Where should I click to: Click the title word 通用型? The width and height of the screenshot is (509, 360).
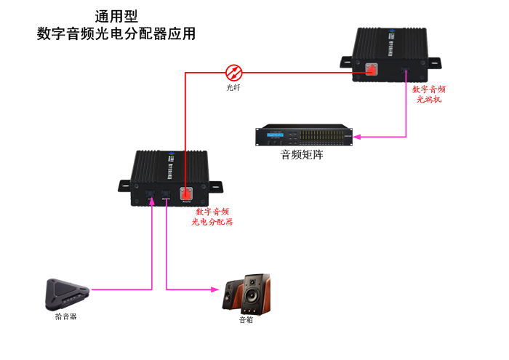116,16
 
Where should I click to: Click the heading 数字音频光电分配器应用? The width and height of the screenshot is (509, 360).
116,34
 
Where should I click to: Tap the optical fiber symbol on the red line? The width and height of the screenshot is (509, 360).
234,72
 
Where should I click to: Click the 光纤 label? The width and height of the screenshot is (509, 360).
233,88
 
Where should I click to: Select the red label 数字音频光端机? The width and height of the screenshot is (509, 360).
429,94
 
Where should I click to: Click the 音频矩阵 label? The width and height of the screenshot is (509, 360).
302,155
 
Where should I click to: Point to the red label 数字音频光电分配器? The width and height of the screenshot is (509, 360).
212,217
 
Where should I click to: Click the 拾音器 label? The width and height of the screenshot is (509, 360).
65,317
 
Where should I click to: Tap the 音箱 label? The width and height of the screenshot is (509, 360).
246,319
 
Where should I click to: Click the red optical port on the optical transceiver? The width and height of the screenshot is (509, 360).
371,71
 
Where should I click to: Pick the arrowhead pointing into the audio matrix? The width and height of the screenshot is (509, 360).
358,136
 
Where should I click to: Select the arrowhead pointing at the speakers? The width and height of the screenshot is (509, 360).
215,289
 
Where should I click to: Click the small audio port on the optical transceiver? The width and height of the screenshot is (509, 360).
406,71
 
